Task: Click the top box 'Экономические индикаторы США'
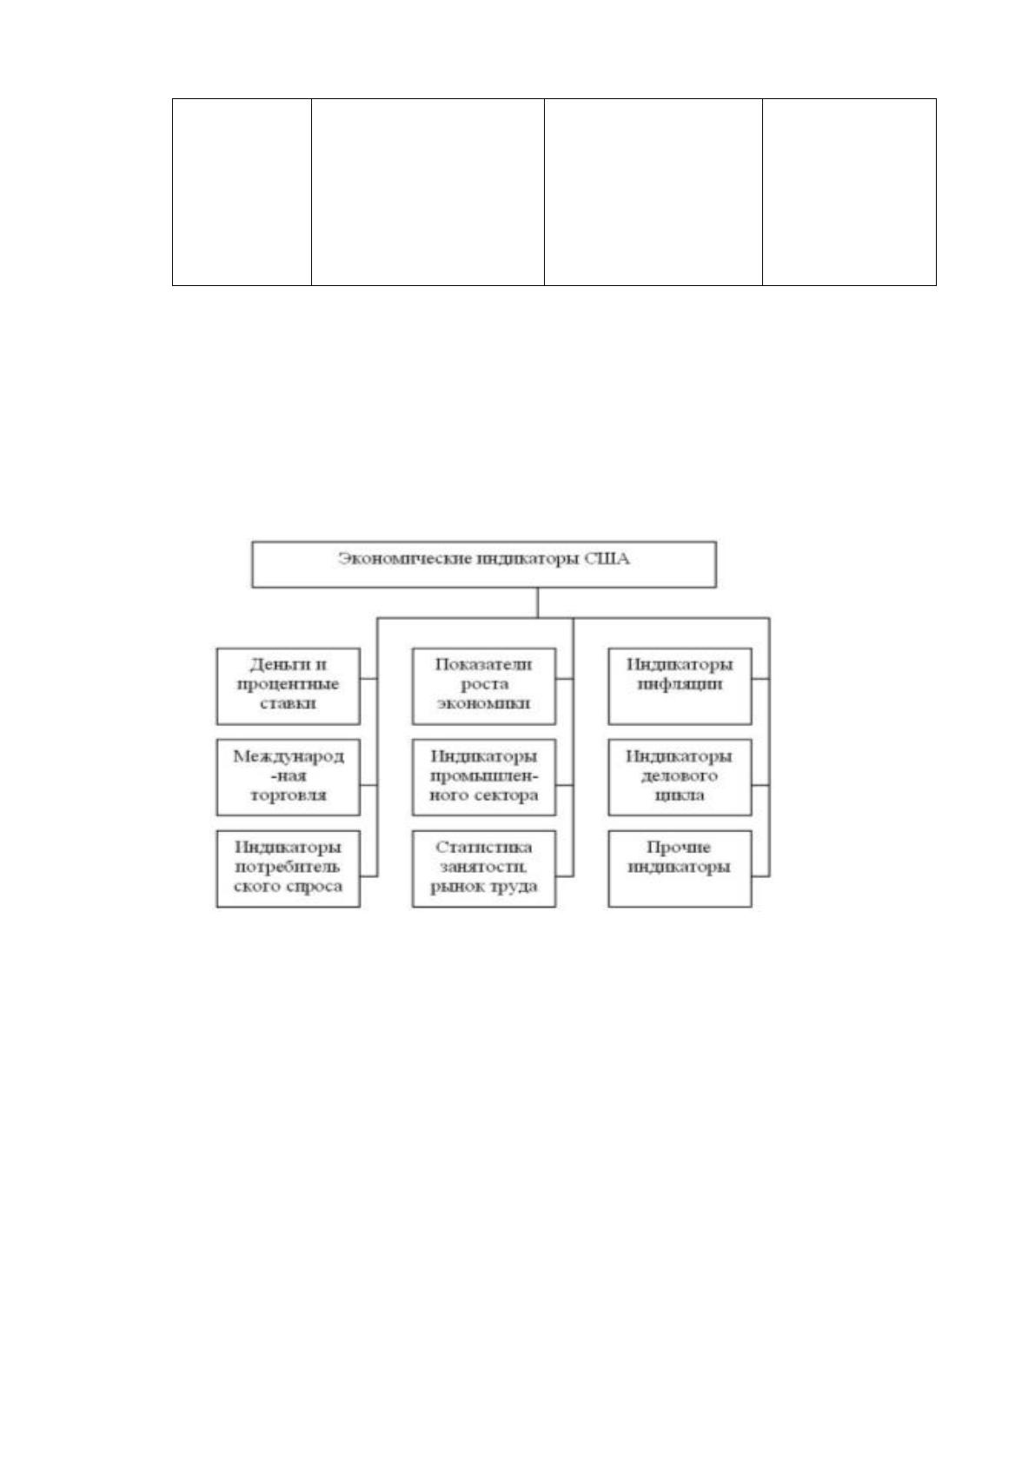(483, 564)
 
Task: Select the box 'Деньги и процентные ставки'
(289, 686)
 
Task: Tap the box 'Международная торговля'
(289, 777)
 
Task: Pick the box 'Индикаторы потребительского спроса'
(289, 868)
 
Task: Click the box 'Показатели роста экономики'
(483, 686)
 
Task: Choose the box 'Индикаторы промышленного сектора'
(483, 777)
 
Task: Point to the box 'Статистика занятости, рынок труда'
(483, 868)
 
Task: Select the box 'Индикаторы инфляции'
(680, 686)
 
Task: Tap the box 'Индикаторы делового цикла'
(680, 777)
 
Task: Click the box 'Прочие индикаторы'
(680, 868)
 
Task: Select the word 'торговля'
(289, 796)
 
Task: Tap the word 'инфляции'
(680, 684)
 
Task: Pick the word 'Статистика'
(483, 847)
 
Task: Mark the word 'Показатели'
(483, 664)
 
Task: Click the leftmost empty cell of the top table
(242, 192)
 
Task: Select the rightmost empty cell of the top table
(849, 192)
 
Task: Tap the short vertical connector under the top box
(538, 602)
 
